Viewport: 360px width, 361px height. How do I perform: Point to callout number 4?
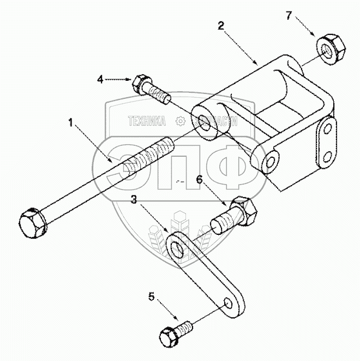(100, 80)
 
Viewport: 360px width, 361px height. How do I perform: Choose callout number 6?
(200, 179)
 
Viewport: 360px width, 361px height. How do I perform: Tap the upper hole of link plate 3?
(177, 247)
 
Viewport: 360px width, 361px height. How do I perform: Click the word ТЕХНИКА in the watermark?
(147, 122)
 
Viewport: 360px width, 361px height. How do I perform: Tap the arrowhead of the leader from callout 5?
(177, 319)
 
